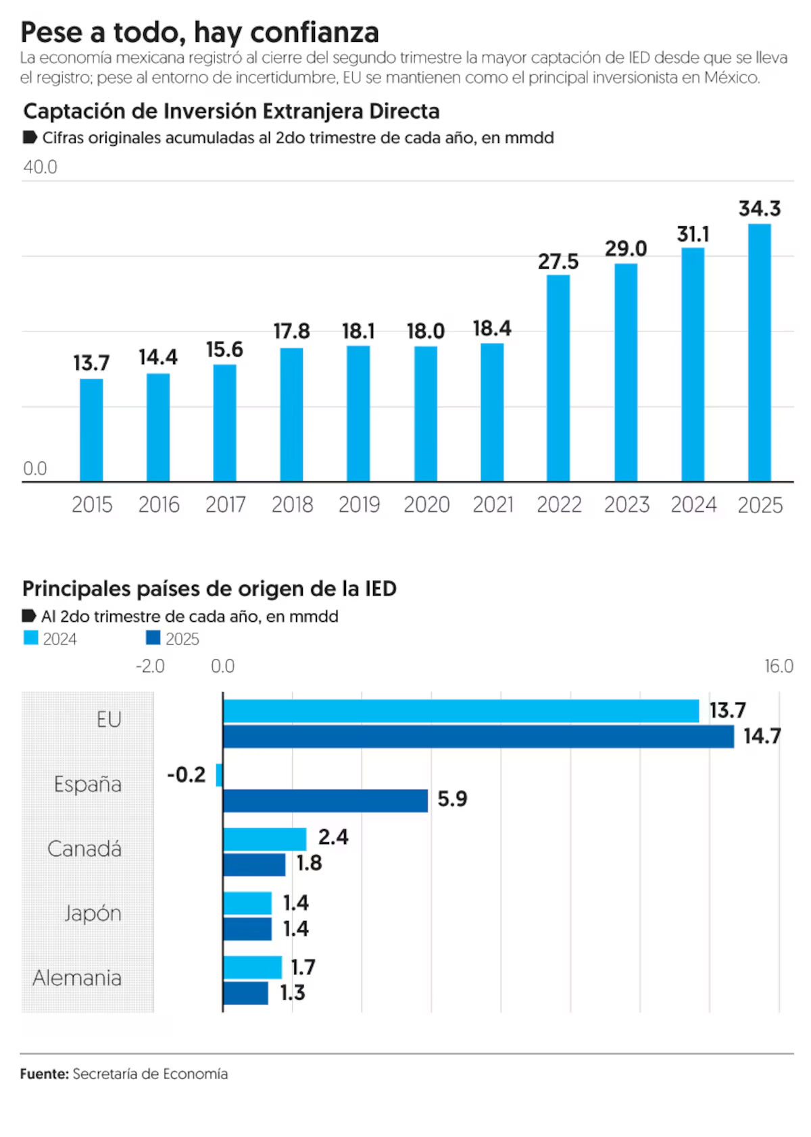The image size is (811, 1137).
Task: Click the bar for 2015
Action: [x=91, y=430]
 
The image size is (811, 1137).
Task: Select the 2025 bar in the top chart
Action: [x=760, y=352]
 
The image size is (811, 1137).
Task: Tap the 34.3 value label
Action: [x=760, y=209]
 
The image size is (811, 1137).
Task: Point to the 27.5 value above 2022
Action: [x=558, y=261]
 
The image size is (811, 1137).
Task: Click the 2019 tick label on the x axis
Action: [x=359, y=504]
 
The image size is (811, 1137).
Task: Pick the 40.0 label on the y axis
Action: [x=41, y=167]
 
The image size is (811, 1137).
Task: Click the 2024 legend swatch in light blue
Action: [x=31, y=638]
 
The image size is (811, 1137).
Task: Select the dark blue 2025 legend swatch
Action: [x=153, y=638]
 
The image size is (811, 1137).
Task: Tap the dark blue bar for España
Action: [x=325, y=801]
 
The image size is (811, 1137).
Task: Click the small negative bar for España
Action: [x=219, y=775]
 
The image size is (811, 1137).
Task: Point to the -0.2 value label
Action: [x=187, y=774]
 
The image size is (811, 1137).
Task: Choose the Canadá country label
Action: [x=84, y=849]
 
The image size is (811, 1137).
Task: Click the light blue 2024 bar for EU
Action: [x=461, y=711]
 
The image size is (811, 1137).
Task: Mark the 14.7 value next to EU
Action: [x=762, y=736]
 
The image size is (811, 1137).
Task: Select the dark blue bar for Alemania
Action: [x=245, y=993]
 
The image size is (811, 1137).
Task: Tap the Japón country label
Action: [x=93, y=914]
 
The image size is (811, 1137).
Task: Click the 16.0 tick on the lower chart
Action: [x=779, y=666]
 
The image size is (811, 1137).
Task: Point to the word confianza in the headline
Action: [x=314, y=32]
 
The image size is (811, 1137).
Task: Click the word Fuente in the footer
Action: [x=44, y=1074]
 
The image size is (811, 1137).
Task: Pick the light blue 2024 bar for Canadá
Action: [x=264, y=839]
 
